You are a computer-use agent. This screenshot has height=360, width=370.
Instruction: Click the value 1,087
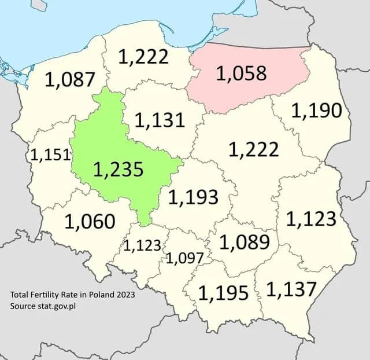click(x=69, y=80)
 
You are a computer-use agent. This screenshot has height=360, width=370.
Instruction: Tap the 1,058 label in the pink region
click(x=241, y=74)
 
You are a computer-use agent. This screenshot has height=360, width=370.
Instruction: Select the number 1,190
click(x=316, y=111)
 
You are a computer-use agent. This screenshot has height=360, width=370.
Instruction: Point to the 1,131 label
click(x=160, y=120)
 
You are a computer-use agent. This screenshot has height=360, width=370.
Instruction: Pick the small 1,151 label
click(x=50, y=155)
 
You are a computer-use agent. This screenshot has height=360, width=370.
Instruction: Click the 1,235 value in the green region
click(x=118, y=169)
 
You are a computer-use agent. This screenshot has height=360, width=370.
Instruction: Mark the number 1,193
click(x=193, y=197)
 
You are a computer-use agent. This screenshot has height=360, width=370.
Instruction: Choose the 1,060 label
click(x=90, y=221)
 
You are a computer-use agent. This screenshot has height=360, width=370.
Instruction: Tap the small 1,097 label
click(x=184, y=258)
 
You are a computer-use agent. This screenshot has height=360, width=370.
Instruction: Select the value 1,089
click(x=245, y=242)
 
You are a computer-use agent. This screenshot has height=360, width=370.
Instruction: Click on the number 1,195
click(x=223, y=292)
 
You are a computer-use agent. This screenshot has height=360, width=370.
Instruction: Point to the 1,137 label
click(x=291, y=289)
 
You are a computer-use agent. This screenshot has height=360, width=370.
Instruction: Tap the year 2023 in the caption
click(x=125, y=295)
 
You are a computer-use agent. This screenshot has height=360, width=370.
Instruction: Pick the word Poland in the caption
click(x=99, y=295)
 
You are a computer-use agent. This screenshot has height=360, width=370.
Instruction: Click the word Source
click(x=23, y=306)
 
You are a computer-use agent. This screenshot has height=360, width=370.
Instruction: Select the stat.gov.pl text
click(x=57, y=306)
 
